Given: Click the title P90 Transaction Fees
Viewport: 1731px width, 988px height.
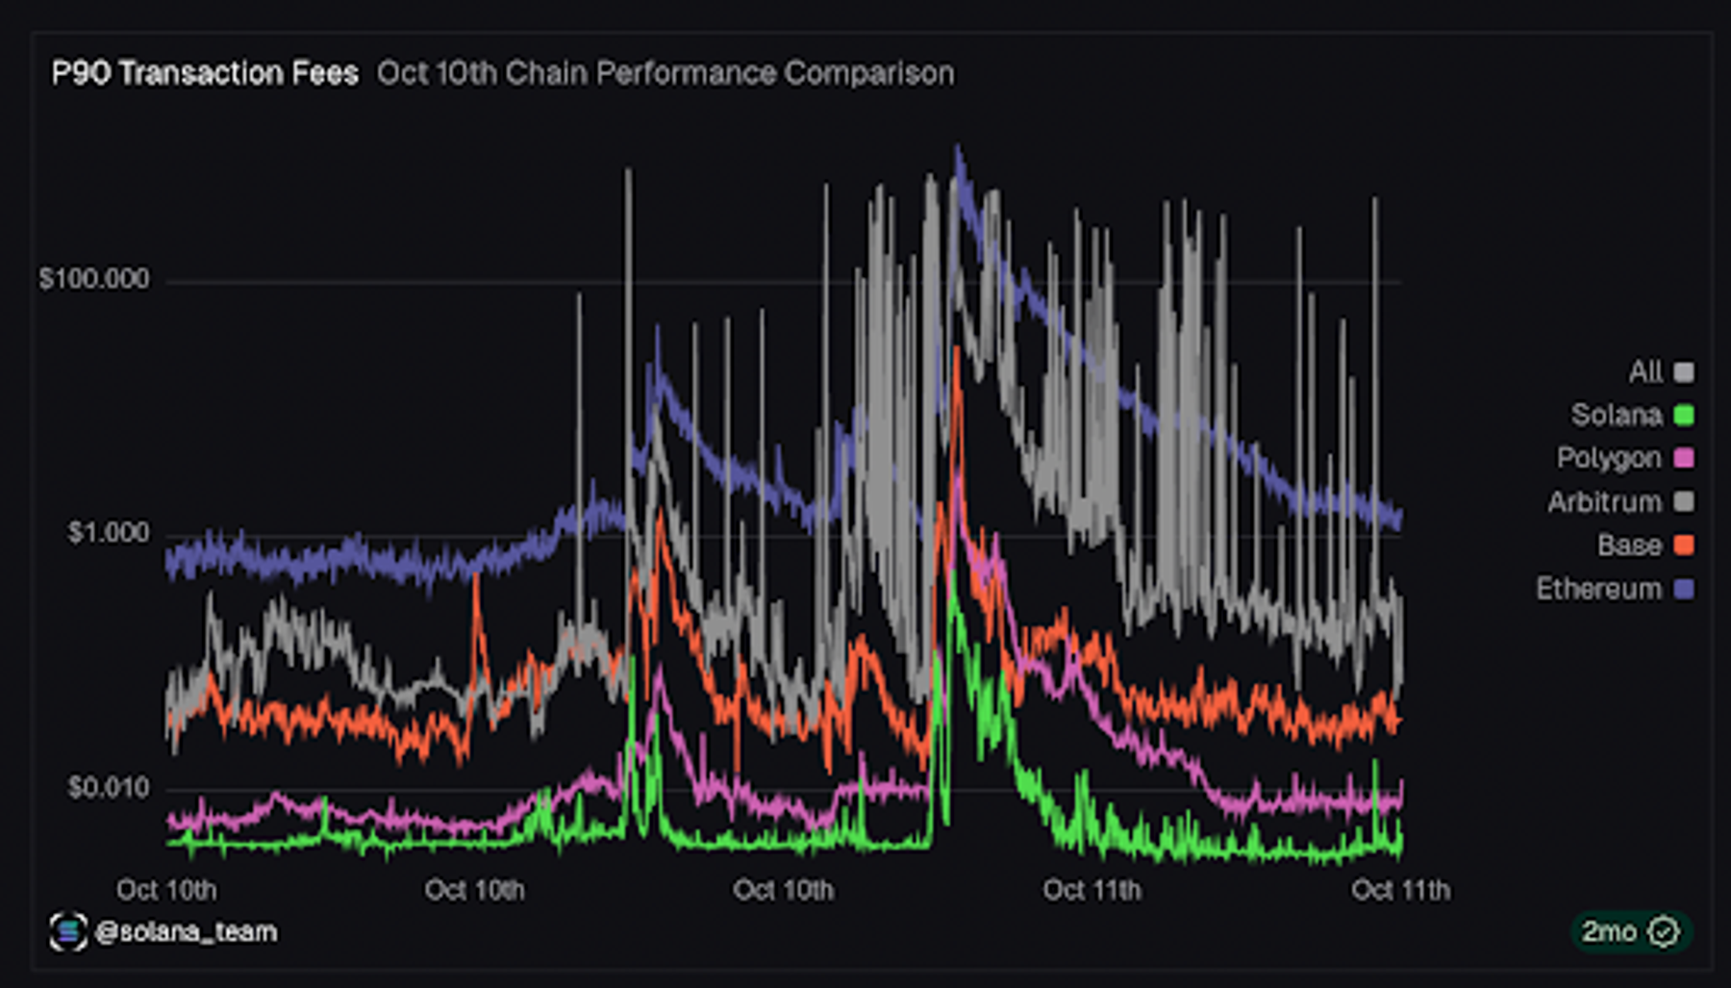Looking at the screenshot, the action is pos(205,73).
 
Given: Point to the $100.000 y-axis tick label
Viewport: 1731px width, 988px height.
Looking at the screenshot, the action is pos(94,279).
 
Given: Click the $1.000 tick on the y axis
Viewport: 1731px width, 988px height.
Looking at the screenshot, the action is pos(109,533).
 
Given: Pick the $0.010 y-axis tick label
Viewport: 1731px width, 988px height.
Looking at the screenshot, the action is pos(109,788).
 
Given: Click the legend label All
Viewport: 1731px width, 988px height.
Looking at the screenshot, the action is pos(1645,371).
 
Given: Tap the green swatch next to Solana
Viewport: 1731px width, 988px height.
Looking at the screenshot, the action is pos(1684,415).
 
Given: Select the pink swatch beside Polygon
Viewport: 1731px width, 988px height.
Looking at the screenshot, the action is pos(1684,458).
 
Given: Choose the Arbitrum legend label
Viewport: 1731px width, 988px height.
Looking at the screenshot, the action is pos(1605,502).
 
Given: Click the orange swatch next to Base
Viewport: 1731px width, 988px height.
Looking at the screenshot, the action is pos(1684,545).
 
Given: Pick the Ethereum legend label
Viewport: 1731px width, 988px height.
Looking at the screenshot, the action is pos(1599,589).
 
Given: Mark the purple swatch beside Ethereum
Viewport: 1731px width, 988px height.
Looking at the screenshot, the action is pos(1684,589).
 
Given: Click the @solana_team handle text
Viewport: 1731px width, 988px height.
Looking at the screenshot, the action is pos(187,931).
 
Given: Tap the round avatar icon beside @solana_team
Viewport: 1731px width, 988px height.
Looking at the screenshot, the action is pos(68,931).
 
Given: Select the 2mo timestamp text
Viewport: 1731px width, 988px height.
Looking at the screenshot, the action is pos(1610,931).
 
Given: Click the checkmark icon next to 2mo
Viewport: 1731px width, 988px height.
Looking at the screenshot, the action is pos(1664,931).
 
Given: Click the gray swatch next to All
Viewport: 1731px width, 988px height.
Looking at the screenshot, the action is pos(1684,371).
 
